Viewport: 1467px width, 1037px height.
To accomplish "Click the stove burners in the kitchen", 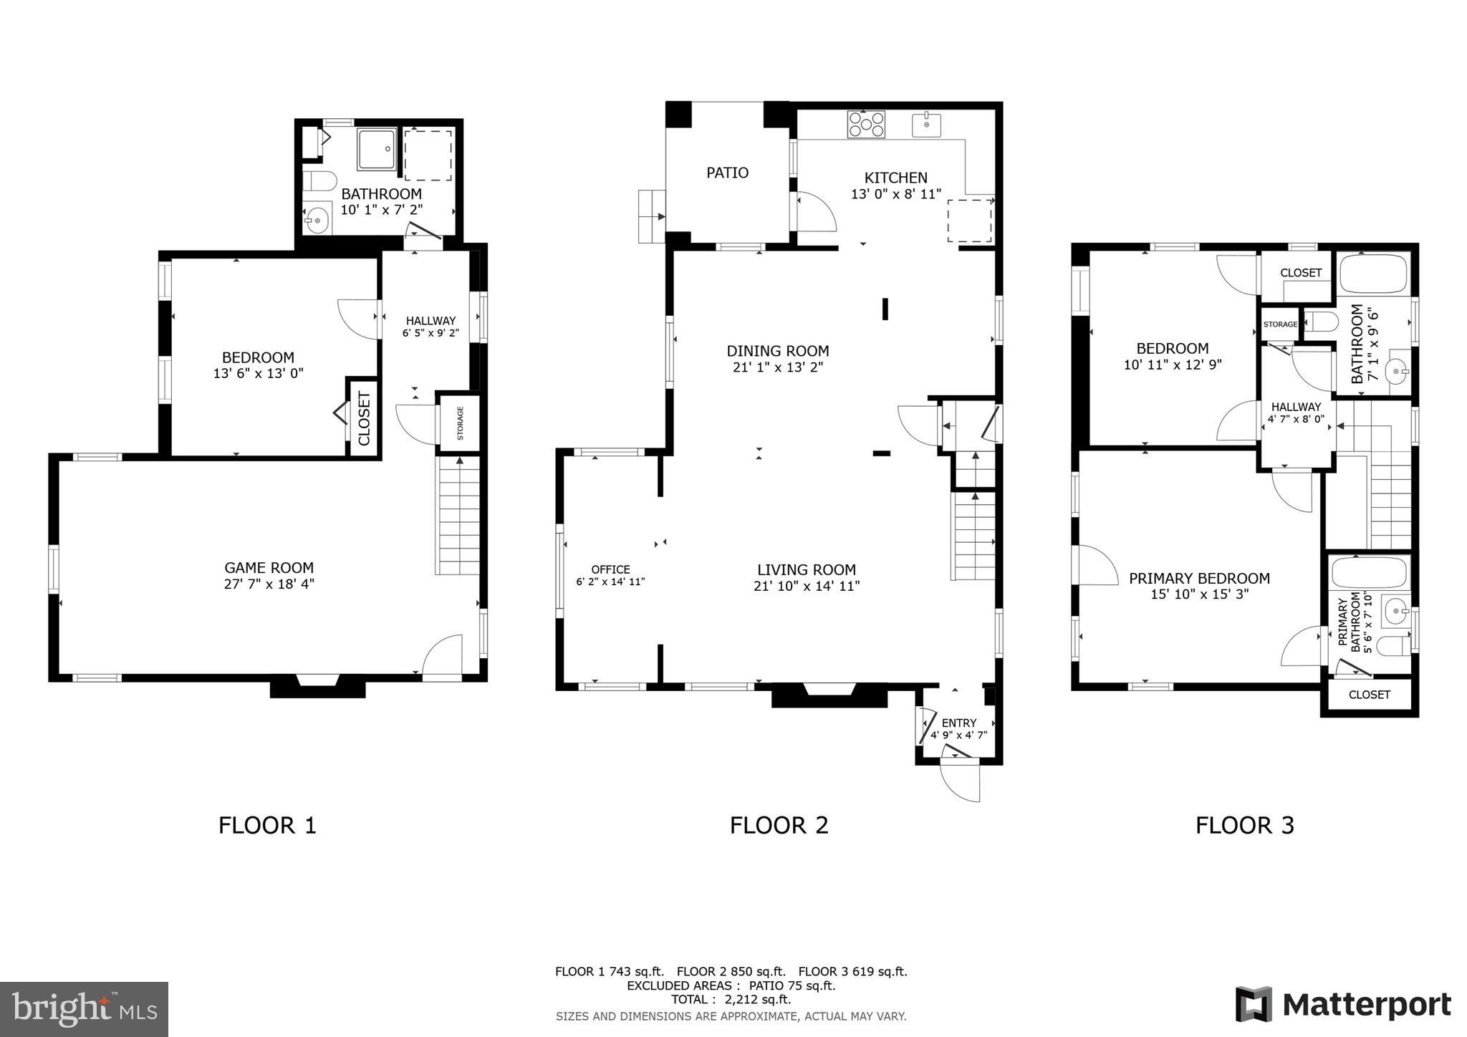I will [866, 124].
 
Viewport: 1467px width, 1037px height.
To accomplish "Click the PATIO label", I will [727, 173].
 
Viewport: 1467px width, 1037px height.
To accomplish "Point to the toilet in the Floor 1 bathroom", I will [319, 180].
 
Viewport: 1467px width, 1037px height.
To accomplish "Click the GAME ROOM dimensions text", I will [269, 584].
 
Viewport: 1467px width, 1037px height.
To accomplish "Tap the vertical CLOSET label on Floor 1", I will [364, 418].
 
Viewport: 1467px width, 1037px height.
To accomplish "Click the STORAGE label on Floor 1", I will [460, 423].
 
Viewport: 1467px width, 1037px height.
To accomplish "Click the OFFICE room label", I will [610, 569].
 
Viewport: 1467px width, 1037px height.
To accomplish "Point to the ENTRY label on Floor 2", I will [958, 723].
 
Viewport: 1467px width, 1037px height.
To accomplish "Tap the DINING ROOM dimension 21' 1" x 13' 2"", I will [777, 367].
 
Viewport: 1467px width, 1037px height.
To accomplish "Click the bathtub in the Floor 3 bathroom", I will [1373, 273].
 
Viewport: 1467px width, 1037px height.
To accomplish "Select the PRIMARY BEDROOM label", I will [1199, 578].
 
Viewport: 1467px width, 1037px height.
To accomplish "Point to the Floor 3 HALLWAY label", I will [1296, 407].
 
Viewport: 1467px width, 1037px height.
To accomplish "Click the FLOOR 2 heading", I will [779, 825].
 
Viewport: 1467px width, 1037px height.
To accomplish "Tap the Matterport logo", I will [1343, 1004].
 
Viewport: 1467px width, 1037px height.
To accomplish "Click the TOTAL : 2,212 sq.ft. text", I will [731, 999].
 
